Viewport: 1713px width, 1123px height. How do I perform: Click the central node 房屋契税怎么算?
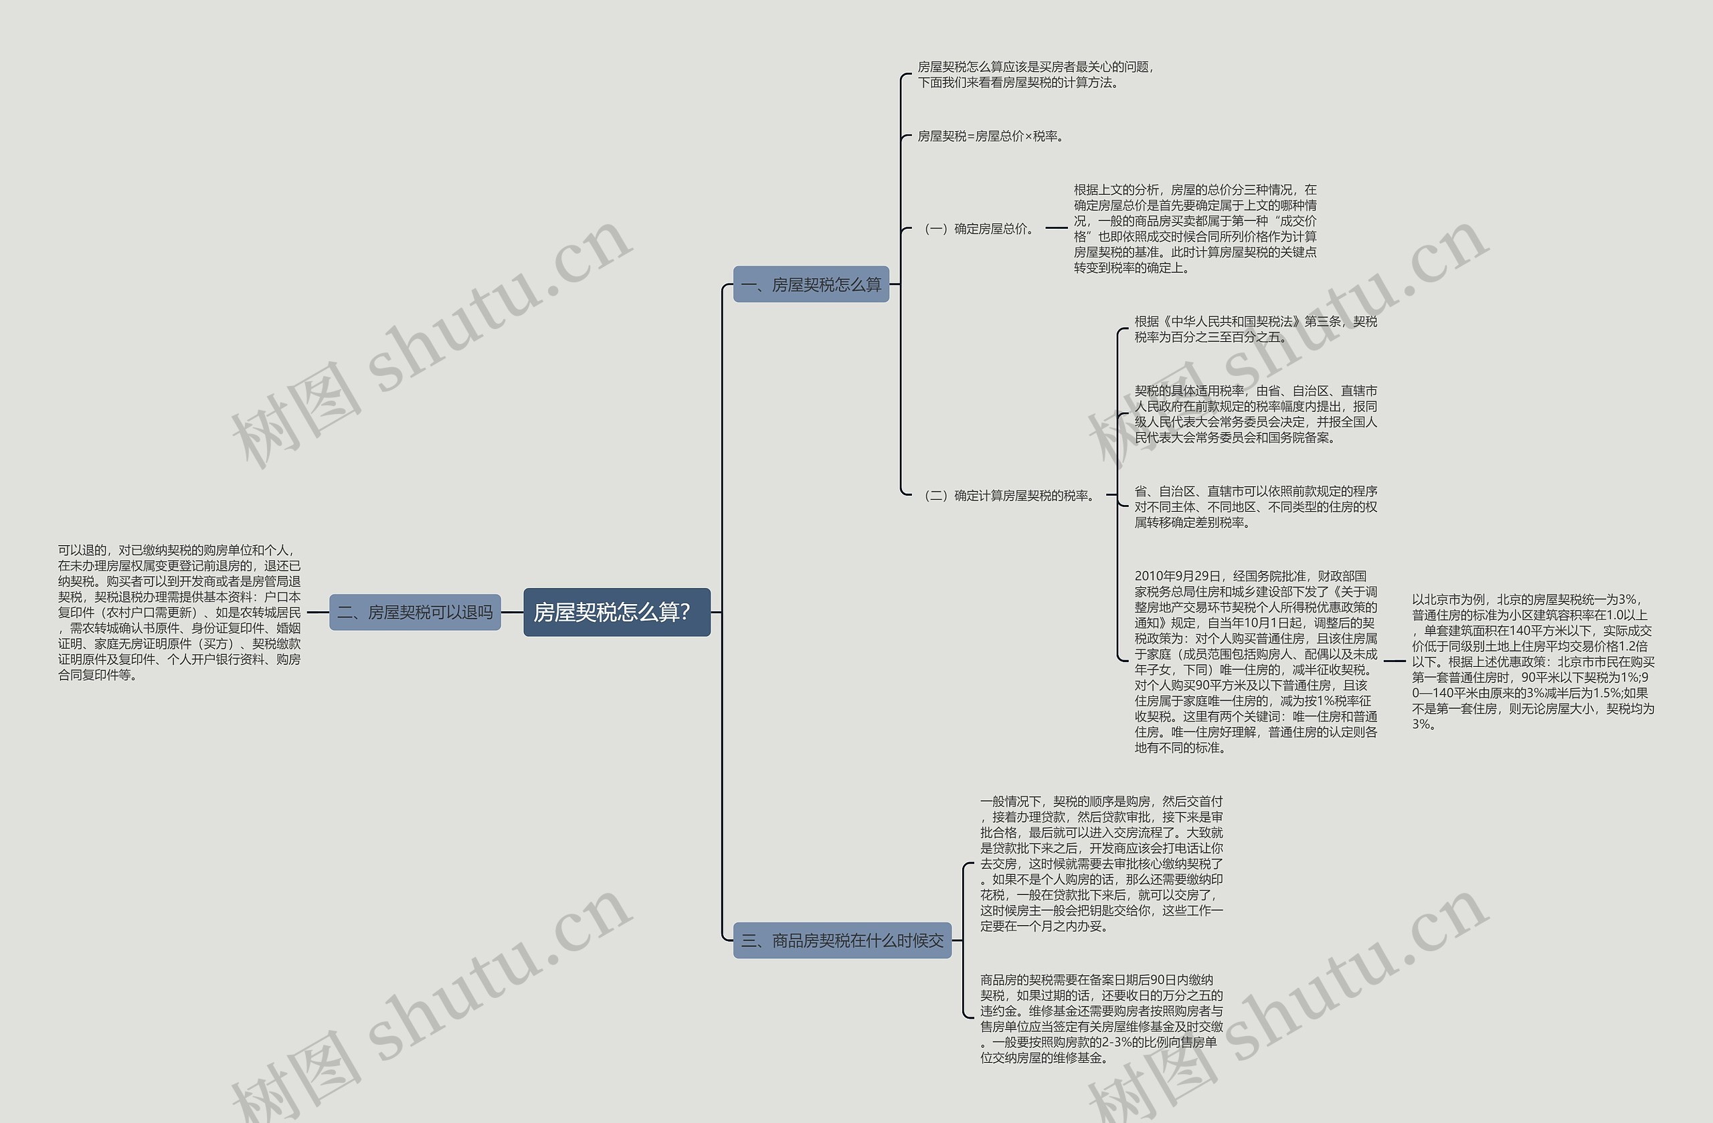[x=616, y=612]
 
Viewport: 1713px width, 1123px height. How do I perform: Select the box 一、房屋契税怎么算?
[x=811, y=285]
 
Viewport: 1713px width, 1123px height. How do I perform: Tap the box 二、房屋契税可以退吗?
[x=415, y=612]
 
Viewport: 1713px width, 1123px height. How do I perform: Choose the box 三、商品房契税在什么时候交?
[x=842, y=940]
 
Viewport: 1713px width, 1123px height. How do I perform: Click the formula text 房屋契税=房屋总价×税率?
[x=990, y=136]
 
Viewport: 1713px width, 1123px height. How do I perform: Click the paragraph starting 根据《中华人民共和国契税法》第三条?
[x=1255, y=329]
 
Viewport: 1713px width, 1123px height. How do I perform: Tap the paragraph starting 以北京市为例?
[x=1532, y=661]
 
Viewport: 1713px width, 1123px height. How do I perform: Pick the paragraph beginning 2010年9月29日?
[x=1255, y=661]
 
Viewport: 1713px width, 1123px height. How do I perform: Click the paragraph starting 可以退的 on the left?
[x=179, y=612]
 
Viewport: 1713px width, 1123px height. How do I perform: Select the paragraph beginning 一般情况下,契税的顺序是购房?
[x=1101, y=863]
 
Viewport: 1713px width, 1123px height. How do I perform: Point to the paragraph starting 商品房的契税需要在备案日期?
[x=1101, y=1018]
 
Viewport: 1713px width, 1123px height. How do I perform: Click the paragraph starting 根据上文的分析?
[x=1195, y=229]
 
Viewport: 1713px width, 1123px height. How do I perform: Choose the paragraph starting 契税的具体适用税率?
[x=1255, y=413]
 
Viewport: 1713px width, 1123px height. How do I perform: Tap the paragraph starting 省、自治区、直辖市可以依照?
[x=1255, y=506]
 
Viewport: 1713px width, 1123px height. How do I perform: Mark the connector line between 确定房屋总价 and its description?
[x=1056, y=228]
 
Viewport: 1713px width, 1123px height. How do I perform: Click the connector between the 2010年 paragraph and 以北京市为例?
[x=1394, y=660]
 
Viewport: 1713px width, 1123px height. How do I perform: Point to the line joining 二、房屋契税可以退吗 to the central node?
[x=512, y=612]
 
